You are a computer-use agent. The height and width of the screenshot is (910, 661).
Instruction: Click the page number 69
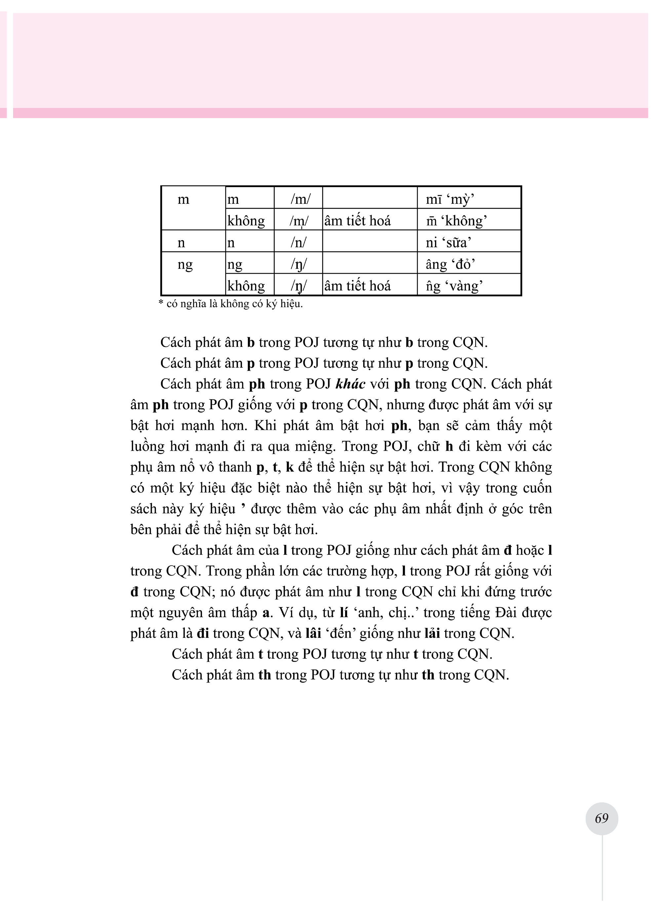coord(602,818)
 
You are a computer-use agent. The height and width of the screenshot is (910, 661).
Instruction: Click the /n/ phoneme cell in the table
coord(298,242)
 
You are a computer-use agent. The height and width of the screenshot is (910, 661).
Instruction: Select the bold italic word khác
coord(350,384)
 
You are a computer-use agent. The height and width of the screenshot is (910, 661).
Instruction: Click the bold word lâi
coord(313,634)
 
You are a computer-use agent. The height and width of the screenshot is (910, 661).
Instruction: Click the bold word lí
coord(343,613)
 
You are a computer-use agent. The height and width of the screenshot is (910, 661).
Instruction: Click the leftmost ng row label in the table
coord(185,265)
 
